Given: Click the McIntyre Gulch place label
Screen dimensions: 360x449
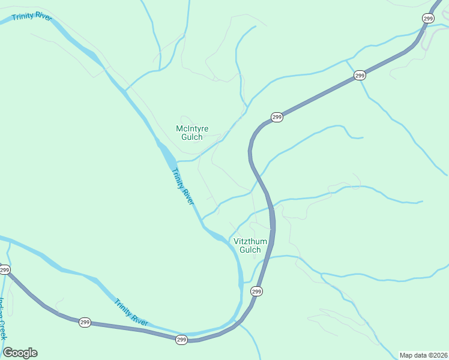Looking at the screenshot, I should (193, 132).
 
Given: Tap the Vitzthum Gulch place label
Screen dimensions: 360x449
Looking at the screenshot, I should (250, 245).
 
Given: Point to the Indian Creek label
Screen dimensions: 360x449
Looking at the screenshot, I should (2, 318).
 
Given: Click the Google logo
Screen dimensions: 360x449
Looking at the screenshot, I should (20, 353).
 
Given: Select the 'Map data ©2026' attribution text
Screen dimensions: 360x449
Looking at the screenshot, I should (423, 355).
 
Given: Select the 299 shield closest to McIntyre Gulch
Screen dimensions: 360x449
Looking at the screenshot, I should (276, 117).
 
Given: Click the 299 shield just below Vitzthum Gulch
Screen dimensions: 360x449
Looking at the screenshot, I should (256, 292).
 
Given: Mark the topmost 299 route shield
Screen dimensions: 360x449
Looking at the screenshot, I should (428, 19).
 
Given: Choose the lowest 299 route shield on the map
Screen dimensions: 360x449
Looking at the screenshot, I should (182, 340).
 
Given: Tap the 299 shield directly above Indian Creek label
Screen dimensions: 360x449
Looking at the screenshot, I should (4, 270).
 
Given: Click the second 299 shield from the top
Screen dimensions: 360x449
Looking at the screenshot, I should (360, 75).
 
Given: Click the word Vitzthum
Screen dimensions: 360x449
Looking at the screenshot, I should (250, 241).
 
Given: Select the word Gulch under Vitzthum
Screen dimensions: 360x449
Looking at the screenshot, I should (250, 250).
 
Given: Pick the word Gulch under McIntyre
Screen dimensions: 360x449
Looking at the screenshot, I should (193, 137).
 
